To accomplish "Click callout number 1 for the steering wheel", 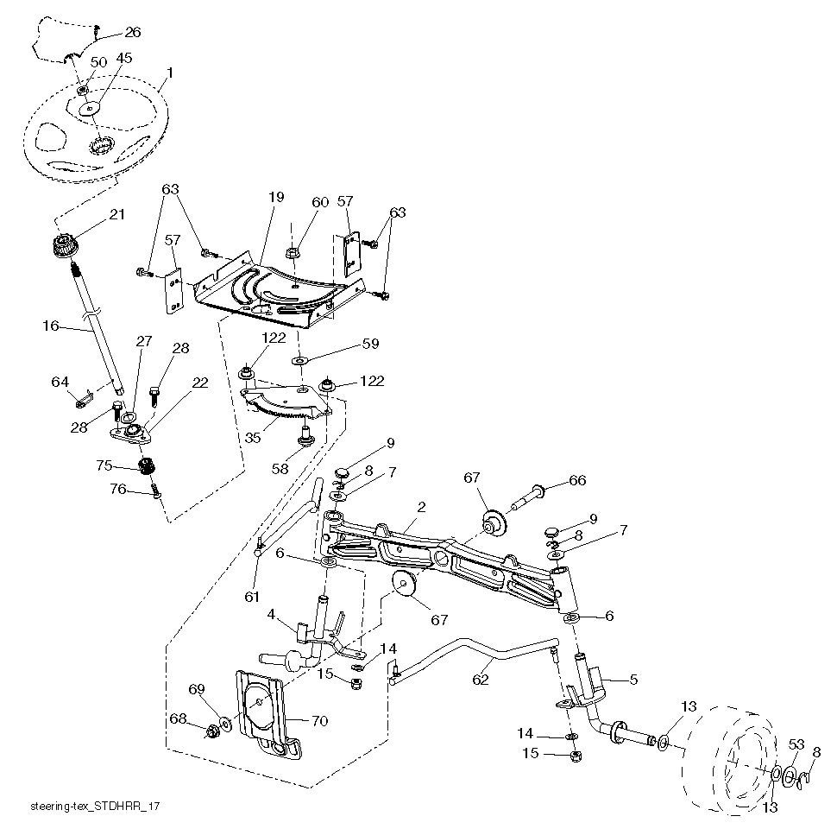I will (170, 73).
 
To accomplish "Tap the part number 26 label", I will (132, 32).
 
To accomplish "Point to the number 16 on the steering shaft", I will (50, 326).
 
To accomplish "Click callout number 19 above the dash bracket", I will (275, 198).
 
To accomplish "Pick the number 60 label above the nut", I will (320, 202).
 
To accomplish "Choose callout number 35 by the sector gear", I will (252, 438).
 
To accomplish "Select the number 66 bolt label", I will (576, 480).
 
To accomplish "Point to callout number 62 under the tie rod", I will (481, 680).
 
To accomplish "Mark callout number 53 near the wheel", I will (796, 744).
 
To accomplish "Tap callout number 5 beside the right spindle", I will (632, 680).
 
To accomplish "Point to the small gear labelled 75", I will (146, 467).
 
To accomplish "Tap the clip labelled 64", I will (84, 400).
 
